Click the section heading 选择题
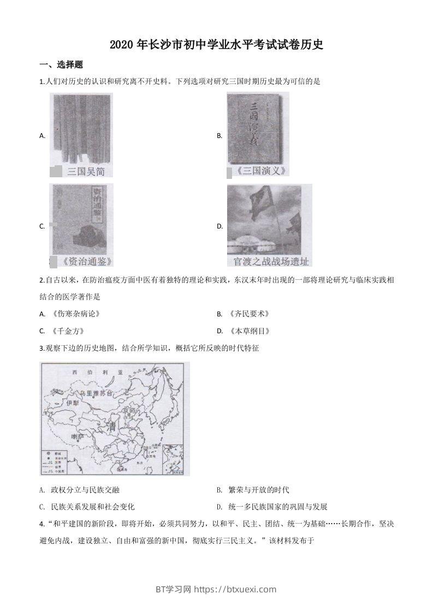point(69,65)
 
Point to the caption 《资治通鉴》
point(82,261)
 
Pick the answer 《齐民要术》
point(250,314)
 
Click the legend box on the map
point(54,461)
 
